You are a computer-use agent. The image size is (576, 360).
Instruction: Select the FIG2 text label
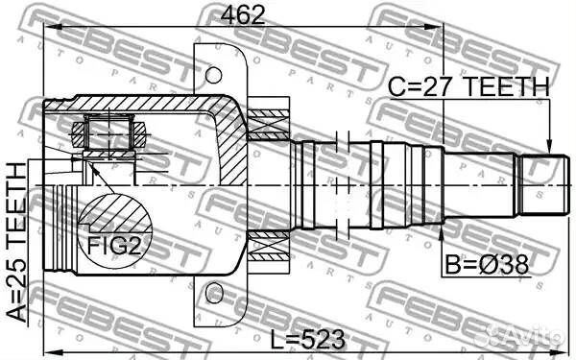[x=114, y=246]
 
